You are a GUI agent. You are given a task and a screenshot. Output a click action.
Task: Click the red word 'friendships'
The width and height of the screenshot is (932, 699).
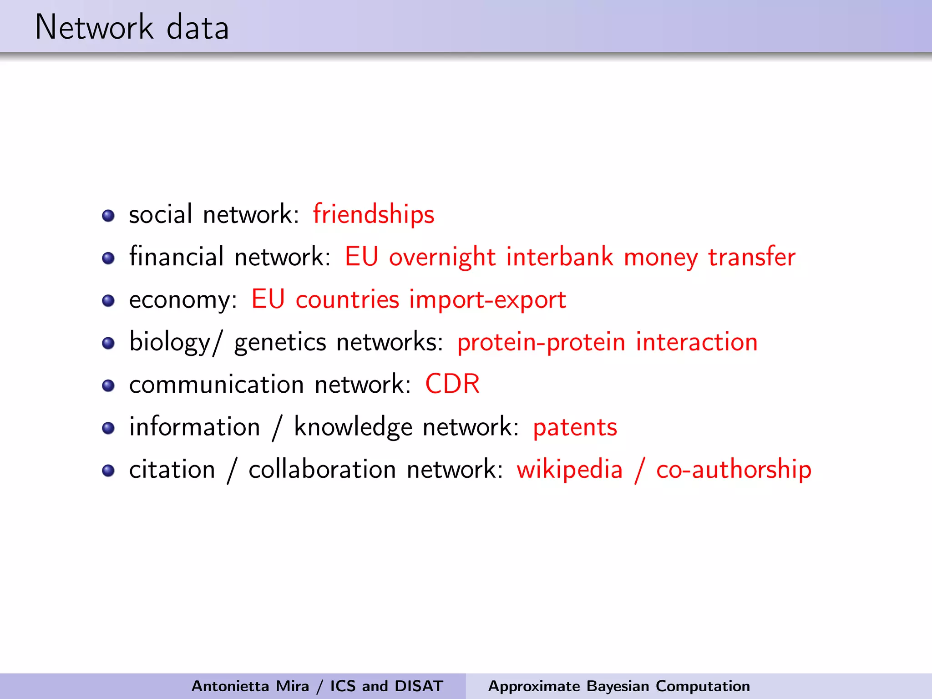click(373, 214)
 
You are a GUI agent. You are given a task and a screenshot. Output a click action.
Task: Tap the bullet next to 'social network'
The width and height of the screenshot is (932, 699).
click(108, 215)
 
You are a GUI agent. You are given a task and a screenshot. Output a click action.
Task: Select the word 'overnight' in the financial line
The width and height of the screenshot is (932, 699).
click(442, 257)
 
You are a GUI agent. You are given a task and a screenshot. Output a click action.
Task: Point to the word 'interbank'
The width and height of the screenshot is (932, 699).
click(559, 257)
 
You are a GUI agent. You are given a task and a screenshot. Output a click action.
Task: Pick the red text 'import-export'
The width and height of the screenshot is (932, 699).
click(487, 299)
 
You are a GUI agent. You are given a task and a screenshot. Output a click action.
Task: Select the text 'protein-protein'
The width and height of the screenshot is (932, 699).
click(541, 342)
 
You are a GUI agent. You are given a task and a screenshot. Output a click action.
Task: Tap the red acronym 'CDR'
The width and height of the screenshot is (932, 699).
click(452, 384)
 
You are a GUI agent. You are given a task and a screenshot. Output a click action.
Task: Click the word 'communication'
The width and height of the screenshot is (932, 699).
click(217, 385)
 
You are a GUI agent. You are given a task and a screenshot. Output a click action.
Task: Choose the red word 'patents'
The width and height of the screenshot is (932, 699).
click(575, 427)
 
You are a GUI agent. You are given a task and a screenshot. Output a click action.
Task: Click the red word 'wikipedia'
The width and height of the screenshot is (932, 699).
click(569, 470)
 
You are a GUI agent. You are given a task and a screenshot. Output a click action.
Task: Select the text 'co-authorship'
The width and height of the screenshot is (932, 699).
click(734, 470)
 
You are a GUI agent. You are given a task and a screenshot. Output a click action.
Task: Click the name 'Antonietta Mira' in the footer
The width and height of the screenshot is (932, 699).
click(250, 686)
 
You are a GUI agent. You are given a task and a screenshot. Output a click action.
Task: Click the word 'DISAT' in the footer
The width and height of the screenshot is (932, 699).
click(419, 686)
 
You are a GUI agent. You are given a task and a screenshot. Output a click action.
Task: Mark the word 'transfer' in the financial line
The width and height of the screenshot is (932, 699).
click(751, 257)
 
